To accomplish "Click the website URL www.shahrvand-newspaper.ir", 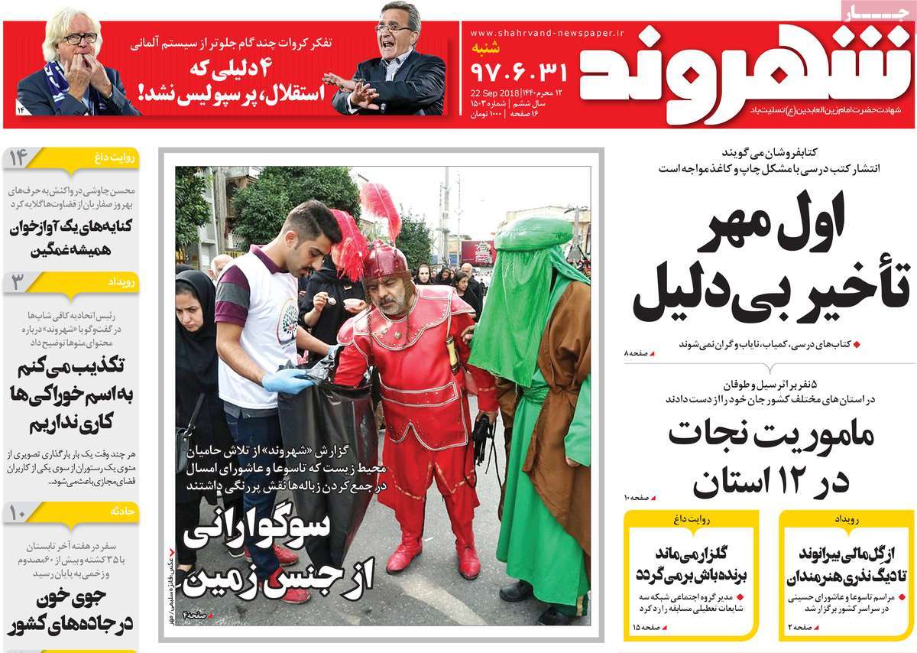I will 546,34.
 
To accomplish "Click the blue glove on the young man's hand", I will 287,380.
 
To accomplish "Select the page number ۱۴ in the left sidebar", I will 18,158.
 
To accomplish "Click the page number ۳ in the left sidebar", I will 18,282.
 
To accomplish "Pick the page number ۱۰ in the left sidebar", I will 18,512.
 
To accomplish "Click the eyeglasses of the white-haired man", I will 80,38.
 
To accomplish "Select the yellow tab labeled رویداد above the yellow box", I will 847,519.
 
